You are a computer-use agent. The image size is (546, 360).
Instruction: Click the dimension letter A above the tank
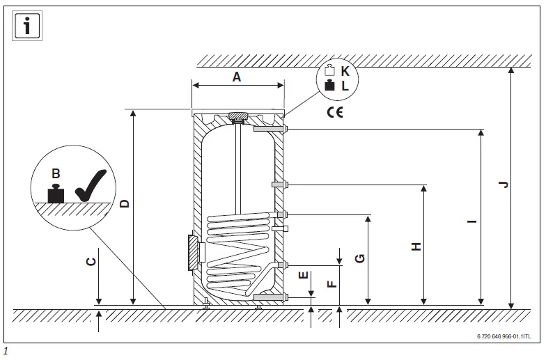point(237,77)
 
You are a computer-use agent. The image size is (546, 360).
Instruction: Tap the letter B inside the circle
point(56,173)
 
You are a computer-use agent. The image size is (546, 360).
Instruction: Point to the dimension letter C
point(91,261)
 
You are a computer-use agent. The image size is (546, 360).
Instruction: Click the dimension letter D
point(125,203)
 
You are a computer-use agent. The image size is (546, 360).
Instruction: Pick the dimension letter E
point(303,274)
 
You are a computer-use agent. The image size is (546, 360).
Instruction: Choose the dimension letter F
point(331,283)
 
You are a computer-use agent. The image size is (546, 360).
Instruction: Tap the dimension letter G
point(360,258)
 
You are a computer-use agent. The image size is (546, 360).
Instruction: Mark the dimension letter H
point(416,246)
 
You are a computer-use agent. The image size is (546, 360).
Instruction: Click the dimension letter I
point(472,221)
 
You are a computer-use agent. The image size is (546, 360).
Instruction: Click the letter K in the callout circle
point(345,71)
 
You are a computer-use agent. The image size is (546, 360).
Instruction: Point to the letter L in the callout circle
point(345,86)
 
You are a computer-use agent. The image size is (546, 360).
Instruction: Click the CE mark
point(335,111)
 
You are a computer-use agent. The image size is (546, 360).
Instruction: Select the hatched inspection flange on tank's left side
point(193,252)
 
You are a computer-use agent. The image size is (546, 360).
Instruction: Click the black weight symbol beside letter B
point(56,193)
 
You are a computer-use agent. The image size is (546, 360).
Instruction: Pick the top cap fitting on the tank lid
point(239,116)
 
